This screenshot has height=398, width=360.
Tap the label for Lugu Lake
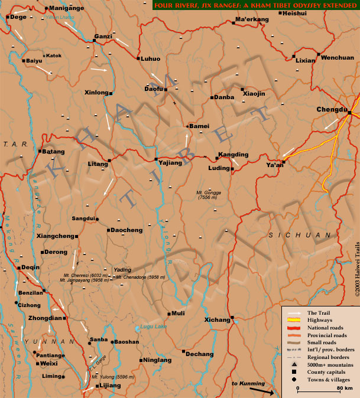tap(151, 326)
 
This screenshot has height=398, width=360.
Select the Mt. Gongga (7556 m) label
tap(210, 195)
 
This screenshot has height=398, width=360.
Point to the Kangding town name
tap(233, 155)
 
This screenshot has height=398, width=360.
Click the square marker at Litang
tap(109, 161)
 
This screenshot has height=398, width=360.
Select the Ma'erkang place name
tap(252, 19)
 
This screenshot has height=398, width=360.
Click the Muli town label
tap(179, 314)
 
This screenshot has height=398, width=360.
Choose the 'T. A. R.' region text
tap(12, 143)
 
